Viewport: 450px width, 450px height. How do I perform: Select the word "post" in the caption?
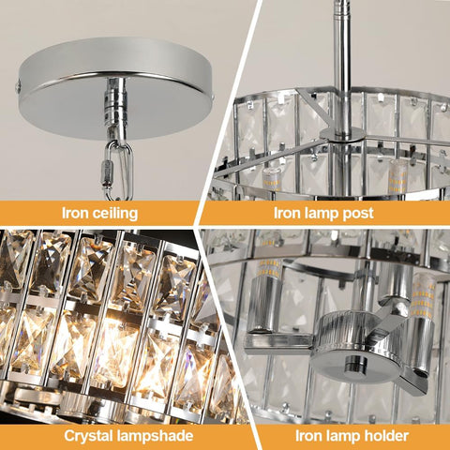[358, 214]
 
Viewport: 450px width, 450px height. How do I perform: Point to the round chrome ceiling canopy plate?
[115, 87]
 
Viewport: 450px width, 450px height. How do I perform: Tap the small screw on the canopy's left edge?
[18, 85]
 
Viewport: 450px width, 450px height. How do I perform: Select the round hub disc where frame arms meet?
[342, 134]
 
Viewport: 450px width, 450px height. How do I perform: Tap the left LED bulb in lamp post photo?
[272, 179]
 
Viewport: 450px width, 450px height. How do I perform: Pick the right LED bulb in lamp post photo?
[398, 175]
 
